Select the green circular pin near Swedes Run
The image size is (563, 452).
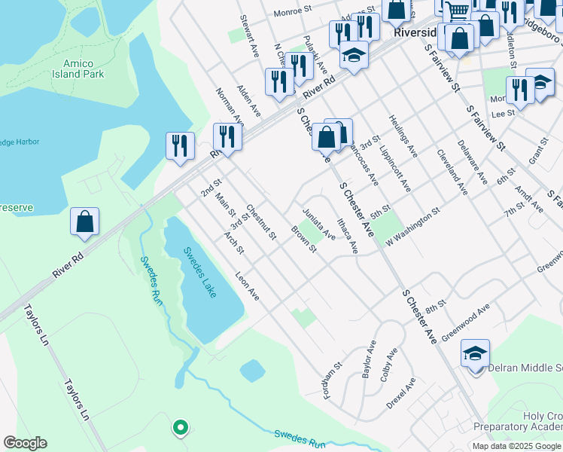tap(180, 428)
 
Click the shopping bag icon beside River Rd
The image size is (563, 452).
tap(85, 222)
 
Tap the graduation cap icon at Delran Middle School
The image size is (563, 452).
tap(475, 353)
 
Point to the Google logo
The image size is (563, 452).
tap(25, 443)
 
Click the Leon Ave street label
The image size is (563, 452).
tap(247, 286)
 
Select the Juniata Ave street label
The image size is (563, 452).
tap(318, 224)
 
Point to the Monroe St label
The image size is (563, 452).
tap(293, 11)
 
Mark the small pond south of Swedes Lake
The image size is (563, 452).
tap(252, 371)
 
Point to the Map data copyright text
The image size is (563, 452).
tap(516, 446)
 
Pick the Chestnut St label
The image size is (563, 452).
tap(262, 224)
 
